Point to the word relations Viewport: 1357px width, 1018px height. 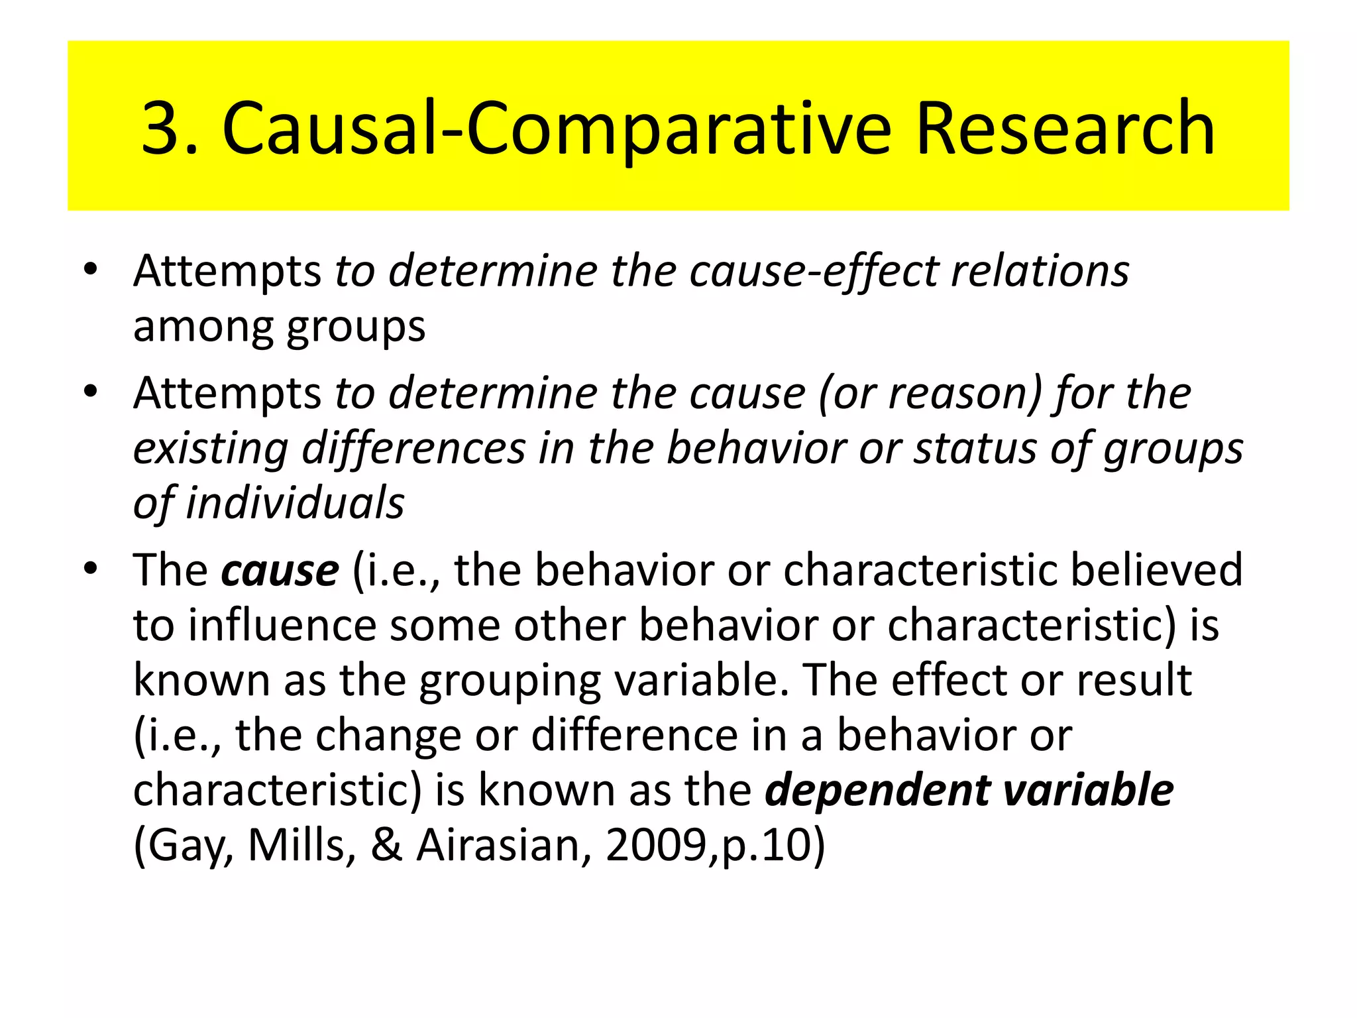click(x=1040, y=272)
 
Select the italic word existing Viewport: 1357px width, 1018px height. click(x=211, y=449)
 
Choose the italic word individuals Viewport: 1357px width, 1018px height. click(x=295, y=503)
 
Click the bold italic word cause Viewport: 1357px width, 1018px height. click(x=280, y=571)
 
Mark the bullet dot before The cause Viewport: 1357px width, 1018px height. click(x=91, y=569)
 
